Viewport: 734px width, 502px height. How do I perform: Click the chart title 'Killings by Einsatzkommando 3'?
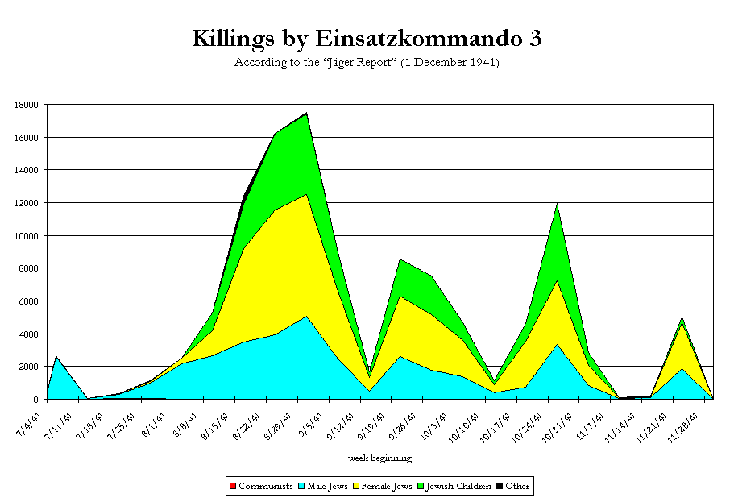367,38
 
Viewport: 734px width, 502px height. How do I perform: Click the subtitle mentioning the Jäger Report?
367,62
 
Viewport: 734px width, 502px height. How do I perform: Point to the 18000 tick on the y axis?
28,105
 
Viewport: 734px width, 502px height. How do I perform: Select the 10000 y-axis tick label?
28,235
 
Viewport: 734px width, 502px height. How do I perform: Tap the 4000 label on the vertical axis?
31,334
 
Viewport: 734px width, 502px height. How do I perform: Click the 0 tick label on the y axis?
38,400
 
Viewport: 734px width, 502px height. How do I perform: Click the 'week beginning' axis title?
379,458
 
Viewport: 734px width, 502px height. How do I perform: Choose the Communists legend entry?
260,486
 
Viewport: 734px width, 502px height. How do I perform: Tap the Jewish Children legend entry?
452,486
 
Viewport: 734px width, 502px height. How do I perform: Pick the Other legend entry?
513,486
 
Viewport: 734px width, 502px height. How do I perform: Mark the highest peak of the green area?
306,114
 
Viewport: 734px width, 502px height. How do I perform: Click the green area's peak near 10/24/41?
557,205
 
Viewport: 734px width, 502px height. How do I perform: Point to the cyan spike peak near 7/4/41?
56,356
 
